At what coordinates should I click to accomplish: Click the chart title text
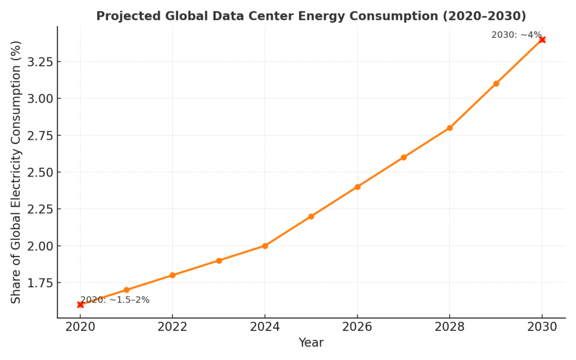(x=311, y=16)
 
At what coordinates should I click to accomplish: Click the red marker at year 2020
(x=80, y=304)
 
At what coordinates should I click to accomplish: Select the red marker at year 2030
(x=542, y=39)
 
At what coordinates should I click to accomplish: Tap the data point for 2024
(x=265, y=246)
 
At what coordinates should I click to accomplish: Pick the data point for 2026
(x=357, y=187)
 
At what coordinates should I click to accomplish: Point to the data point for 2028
(x=449, y=128)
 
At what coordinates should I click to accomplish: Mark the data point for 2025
(x=311, y=216)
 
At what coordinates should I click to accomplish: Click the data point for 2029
(x=496, y=83)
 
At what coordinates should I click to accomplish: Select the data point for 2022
(x=173, y=275)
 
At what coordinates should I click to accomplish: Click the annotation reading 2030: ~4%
(x=516, y=35)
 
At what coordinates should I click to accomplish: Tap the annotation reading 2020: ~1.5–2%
(x=115, y=300)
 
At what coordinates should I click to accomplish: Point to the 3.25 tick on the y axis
(x=39, y=62)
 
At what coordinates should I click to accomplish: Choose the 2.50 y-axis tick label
(x=39, y=172)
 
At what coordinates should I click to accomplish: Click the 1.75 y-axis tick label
(x=39, y=283)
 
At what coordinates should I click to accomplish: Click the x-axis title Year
(x=311, y=343)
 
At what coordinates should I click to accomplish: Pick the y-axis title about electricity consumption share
(x=16, y=172)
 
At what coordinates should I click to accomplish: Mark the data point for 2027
(x=403, y=157)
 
